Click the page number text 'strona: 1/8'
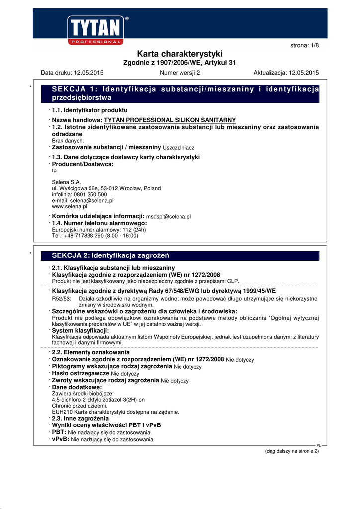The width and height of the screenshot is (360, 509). (x=304, y=46)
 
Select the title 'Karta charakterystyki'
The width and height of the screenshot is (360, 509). (x=180, y=54)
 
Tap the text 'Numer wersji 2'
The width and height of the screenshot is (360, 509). (x=180, y=73)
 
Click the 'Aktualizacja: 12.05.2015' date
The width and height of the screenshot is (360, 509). (x=286, y=73)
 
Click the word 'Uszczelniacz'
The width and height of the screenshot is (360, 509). (x=179, y=148)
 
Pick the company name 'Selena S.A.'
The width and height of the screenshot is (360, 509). (x=66, y=182)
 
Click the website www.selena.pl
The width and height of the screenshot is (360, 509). (x=69, y=206)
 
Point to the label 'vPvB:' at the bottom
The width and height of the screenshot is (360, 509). (x=61, y=439)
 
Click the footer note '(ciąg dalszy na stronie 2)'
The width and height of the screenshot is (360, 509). (x=291, y=451)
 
